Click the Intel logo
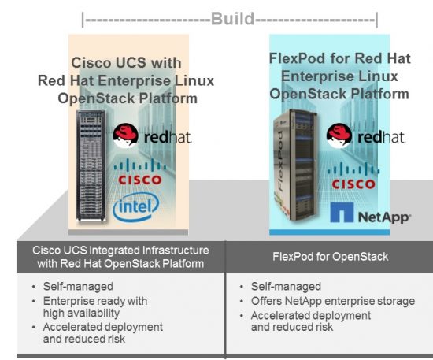click(x=136, y=208)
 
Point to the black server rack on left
click(x=91, y=167)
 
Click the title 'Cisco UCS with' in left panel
click(x=127, y=62)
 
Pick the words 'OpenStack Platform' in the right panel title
click(x=339, y=94)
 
